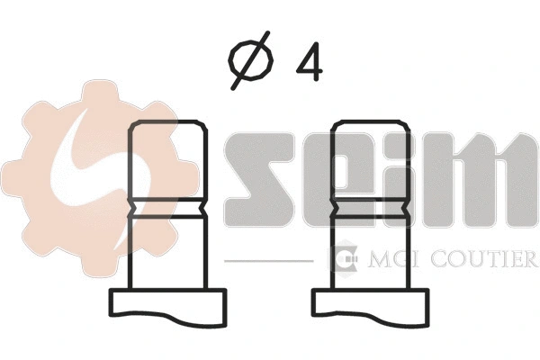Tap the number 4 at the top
tap(309, 63)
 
